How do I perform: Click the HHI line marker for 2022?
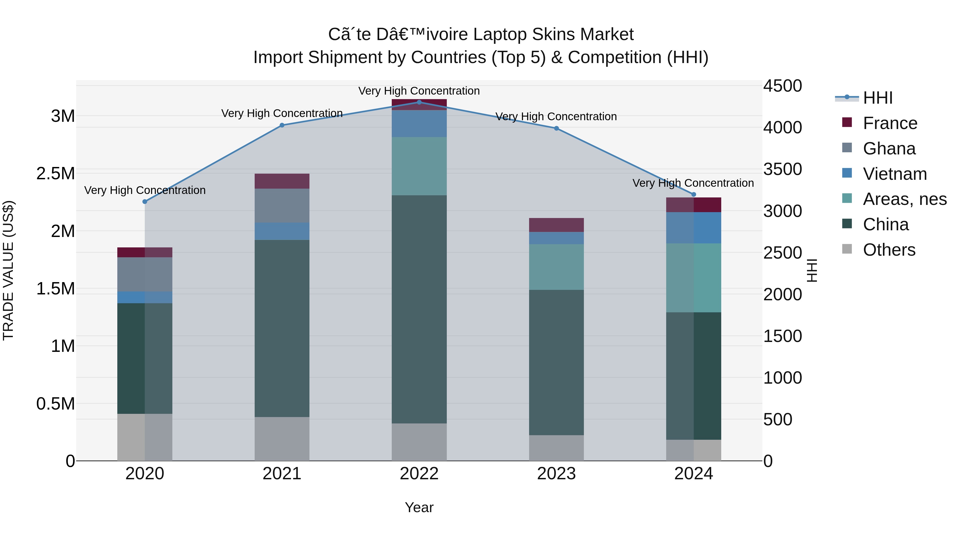(419, 102)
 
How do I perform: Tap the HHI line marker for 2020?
(145, 202)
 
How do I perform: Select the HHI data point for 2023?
(556, 129)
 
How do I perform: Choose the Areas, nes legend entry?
(905, 199)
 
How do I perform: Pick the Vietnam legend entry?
(895, 174)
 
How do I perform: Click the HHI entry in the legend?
(878, 98)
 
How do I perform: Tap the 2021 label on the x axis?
(282, 474)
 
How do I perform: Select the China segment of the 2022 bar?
(419, 309)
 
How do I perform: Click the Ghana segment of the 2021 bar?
(282, 205)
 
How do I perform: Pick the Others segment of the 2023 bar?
(556, 448)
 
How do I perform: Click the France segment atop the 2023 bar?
(556, 225)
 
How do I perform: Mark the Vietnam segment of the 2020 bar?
(145, 297)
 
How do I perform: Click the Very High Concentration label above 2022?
(419, 91)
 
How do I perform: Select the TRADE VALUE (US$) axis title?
(8, 270)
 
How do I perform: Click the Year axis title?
(419, 507)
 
